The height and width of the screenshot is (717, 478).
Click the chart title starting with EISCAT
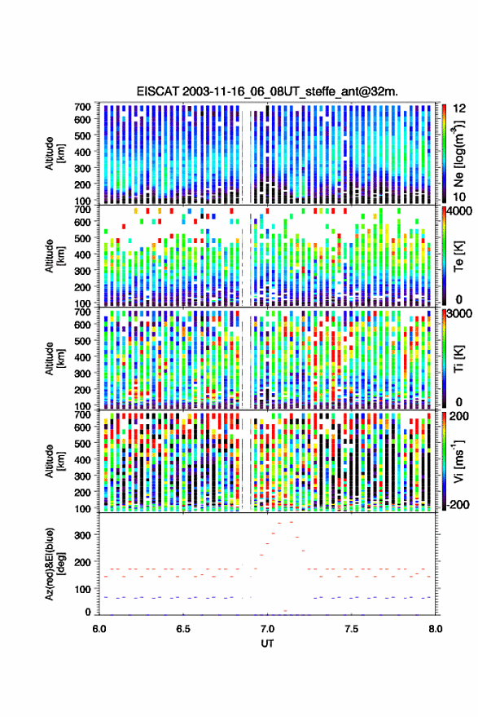tap(267, 91)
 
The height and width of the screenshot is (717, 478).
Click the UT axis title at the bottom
tap(267, 644)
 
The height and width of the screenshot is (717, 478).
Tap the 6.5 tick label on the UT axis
tap(182, 629)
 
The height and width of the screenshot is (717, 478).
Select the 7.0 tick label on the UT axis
tap(267, 629)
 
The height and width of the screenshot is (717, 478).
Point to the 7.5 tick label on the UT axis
tap(351, 629)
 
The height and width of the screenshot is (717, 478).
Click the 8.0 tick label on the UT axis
tap(435, 629)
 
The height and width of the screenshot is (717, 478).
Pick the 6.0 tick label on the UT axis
tap(99, 629)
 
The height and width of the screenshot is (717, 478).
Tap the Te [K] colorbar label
tap(458, 256)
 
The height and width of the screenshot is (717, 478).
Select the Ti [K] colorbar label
tap(458, 359)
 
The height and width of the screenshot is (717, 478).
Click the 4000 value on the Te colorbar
tap(459, 211)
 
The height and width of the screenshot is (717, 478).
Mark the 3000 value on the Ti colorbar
tap(459, 314)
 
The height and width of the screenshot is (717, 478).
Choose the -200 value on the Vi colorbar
tap(458, 505)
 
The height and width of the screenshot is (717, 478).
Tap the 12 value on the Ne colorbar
tap(459, 108)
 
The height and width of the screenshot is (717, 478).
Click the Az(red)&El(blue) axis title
tap(55, 564)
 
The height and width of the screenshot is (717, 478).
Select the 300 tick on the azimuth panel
tap(82, 535)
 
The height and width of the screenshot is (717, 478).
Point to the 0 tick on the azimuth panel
tap(88, 612)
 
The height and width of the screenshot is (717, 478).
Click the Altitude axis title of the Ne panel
tap(55, 153)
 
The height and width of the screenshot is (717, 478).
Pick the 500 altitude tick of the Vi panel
tap(82, 444)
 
